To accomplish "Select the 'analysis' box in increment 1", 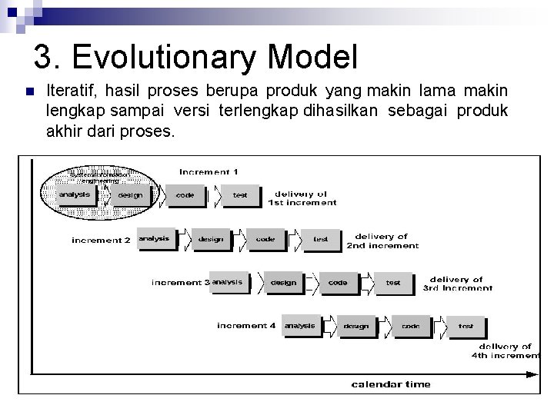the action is (x=75, y=194).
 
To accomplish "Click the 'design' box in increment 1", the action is (x=130, y=195).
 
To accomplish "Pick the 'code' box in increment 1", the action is (x=185, y=195).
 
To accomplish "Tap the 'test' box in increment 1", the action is (x=240, y=195).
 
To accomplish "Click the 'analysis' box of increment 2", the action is (x=154, y=239).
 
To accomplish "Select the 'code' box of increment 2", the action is (x=265, y=239).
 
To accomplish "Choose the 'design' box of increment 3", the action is (x=283, y=282).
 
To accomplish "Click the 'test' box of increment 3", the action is (x=393, y=282).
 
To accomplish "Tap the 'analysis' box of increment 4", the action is (x=300, y=326).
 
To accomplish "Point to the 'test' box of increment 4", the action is (x=466, y=326).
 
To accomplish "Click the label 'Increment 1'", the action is (x=209, y=171).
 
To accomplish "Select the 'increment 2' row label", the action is (x=102, y=241).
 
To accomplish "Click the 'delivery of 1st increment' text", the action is (x=302, y=198).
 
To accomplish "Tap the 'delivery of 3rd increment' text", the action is (x=457, y=284).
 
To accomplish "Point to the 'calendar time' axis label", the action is (x=391, y=383).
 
